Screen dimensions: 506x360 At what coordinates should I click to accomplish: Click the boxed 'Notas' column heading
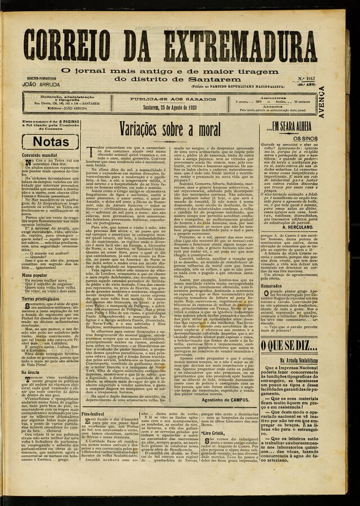click(x=48, y=141)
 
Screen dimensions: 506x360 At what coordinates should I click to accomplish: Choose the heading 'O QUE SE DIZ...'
click(x=291, y=344)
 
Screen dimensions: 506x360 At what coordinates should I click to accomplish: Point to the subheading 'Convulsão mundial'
click(x=39, y=154)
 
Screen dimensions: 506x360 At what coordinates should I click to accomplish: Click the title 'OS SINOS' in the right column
click(x=306, y=138)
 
